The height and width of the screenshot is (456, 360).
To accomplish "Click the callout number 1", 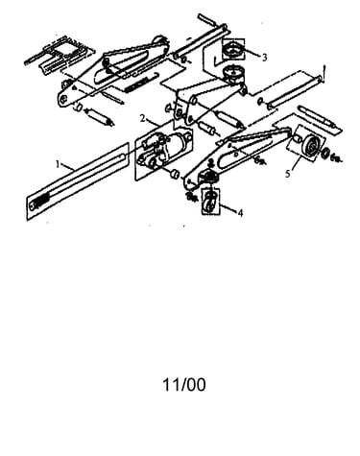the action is coord(58,164).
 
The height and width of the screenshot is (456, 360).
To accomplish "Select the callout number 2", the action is coord(143,119).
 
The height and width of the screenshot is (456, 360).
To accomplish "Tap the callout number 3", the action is coord(264,58).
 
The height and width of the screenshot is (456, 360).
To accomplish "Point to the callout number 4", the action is coord(240,212).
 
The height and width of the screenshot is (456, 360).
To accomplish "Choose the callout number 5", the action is coord(288,174).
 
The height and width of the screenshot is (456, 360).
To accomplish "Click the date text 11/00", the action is coord(184,385).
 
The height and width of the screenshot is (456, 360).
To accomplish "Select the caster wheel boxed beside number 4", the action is coord(210,202).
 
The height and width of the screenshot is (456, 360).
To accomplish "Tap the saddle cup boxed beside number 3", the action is coord(233,50).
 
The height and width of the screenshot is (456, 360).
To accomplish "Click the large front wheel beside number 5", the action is coord(310,146).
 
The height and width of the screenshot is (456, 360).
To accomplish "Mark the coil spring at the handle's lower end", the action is coord(40,203).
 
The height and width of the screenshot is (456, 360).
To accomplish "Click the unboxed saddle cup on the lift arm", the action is coord(234,74).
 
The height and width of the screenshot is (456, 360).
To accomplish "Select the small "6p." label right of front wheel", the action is coord(335,157).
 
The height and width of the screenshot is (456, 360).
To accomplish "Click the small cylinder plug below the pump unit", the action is coord(175,175).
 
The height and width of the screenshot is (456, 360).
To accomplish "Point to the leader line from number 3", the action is coord(252,53).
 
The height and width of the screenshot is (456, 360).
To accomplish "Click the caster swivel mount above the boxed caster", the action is coord(208,175).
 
